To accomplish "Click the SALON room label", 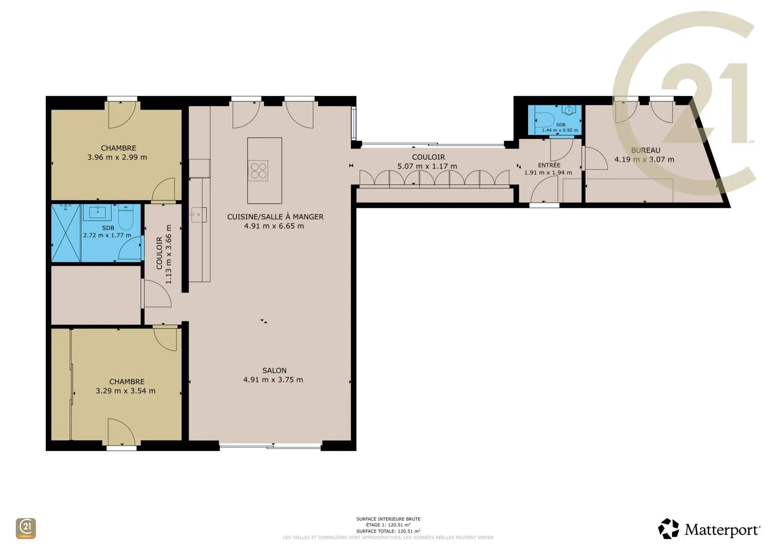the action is (275, 370).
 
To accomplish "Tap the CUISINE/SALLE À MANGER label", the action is (275, 217).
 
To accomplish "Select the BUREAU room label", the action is (646, 150).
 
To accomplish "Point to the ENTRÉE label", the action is (549, 165).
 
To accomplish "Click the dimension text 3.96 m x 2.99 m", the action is (117, 157).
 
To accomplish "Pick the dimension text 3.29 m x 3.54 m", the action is (125, 391).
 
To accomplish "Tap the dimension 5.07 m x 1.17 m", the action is (427, 166).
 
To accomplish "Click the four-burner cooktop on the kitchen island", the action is (258, 170).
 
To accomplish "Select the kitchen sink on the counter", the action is (199, 215).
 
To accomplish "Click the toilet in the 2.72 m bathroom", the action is (125, 217).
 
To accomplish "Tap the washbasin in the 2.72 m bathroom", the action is (97, 212).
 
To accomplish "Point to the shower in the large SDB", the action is (66, 233).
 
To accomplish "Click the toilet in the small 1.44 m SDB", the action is (544, 119).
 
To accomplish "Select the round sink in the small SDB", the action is (569, 110).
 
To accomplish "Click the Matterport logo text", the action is (722, 530).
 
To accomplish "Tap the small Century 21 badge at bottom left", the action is (26, 528).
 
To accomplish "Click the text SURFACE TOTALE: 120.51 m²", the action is (388, 531).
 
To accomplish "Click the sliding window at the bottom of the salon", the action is (270, 445).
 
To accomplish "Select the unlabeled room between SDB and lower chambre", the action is (96, 295).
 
